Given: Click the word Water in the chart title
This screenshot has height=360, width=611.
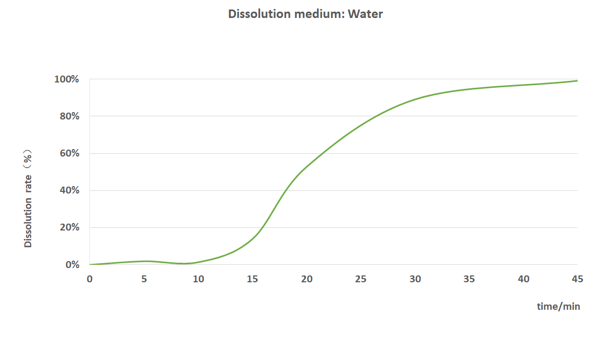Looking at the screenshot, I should click(x=365, y=14).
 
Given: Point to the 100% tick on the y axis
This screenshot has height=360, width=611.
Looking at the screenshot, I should click(x=67, y=79).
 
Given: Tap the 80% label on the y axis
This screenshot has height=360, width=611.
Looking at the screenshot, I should click(x=69, y=116).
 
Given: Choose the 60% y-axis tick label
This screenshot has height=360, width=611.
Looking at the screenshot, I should click(x=69, y=153).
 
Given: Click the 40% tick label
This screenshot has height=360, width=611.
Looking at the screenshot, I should click(x=69, y=190).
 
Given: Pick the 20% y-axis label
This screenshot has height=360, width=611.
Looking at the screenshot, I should click(x=69, y=227).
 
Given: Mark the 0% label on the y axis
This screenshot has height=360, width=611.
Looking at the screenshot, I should click(x=72, y=264).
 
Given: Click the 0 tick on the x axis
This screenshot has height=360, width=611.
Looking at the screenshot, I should click(x=89, y=279).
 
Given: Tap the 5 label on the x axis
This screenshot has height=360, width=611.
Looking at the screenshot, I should click(x=144, y=279).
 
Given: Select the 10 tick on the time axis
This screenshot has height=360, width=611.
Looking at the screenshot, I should click(x=198, y=279).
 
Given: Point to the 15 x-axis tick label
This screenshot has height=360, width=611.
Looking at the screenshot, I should click(x=252, y=279).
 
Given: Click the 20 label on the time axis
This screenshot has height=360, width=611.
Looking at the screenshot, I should click(x=307, y=279).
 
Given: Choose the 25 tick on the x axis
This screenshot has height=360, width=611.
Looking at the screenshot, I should click(x=361, y=279).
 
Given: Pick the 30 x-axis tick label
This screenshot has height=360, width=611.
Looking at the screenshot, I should click(x=415, y=279).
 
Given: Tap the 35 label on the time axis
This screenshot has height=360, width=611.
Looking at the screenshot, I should click(x=469, y=279).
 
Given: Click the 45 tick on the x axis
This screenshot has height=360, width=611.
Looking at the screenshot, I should click(x=578, y=279).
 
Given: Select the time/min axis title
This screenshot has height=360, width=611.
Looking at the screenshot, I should click(x=558, y=307).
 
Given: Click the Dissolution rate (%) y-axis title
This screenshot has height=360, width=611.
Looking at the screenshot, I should click(x=29, y=198).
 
